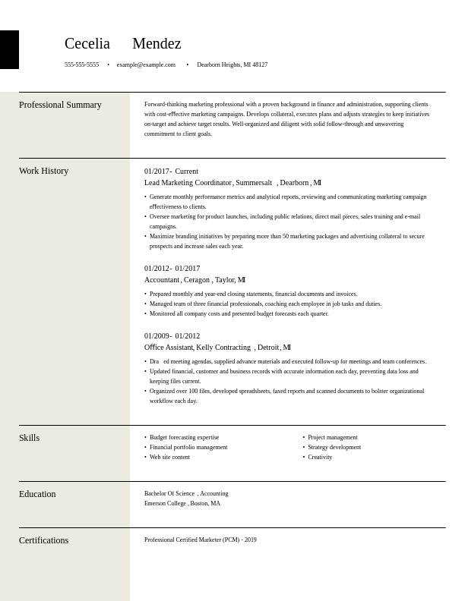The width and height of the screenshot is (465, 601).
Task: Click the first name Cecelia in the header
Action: pyautogui.click(x=87, y=44)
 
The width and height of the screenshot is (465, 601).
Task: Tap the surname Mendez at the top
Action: pyautogui.click(x=157, y=44)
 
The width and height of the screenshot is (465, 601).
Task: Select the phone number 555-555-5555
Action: pyautogui.click(x=81, y=65)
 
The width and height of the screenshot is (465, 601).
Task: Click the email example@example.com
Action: pyautogui.click(x=146, y=65)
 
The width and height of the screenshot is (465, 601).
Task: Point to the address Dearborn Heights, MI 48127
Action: pyautogui.click(x=232, y=65)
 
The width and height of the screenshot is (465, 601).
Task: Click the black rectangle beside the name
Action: pyautogui.click(x=9, y=49)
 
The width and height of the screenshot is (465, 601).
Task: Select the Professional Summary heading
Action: pyautogui.click(x=60, y=105)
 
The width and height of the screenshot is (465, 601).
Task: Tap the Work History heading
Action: pyautogui.click(x=43, y=171)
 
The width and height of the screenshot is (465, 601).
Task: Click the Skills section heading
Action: pyautogui.click(x=29, y=439)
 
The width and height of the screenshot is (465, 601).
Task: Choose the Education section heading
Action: pyautogui.click(x=37, y=495)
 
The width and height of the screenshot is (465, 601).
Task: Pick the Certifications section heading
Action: pyautogui.click(x=43, y=541)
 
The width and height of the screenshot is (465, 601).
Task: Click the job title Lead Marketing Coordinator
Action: pyautogui.click(x=188, y=183)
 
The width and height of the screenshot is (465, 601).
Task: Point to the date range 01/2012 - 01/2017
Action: pyautogui.click(x=172, y=269)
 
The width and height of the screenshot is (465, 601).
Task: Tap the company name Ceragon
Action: pyautogui.click(x=196, y=280)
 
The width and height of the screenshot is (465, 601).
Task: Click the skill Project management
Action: pyautogui.click(x=332, y=438)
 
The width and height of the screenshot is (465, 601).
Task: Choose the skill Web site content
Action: pyautogui.click(x=169, y=458)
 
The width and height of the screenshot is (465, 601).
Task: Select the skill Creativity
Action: pyautogui.click(x=320, y=458)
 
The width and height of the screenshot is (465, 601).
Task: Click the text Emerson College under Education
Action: pyautogui.click(x=165, y=504)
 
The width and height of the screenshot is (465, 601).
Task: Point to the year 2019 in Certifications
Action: pyautogui.click(x=251, y=540)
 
